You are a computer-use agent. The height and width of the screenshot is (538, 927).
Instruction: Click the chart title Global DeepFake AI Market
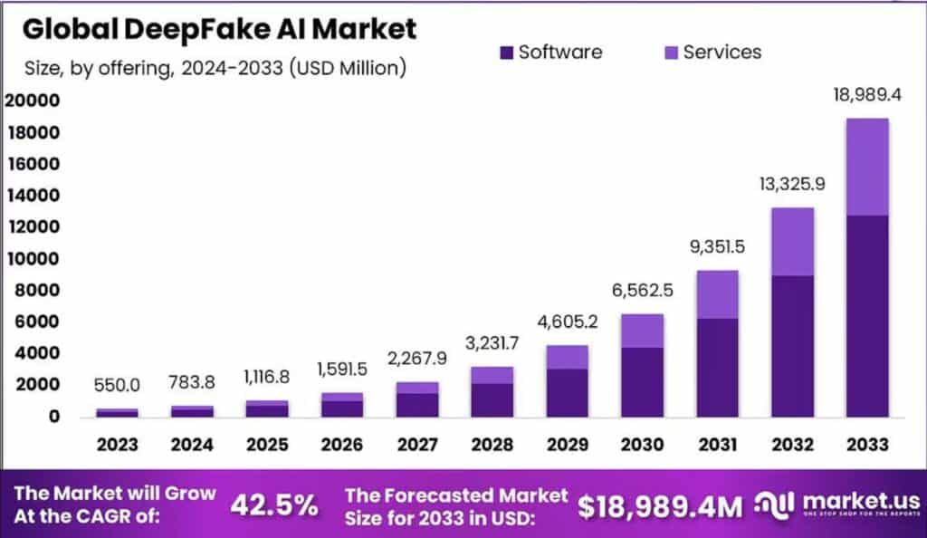coord(219,29)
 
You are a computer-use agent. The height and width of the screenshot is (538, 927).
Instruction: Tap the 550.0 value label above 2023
coord(118,385)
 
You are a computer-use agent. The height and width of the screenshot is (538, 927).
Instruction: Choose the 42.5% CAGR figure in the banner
coord(273,505)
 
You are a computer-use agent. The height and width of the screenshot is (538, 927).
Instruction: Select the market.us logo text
coord(859,501)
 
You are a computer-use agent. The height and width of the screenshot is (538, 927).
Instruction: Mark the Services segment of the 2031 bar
coord(718,294)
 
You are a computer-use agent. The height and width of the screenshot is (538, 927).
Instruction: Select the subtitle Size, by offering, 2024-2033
coord(214,67)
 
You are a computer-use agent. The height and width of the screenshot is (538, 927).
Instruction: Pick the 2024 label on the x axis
coord(192,445)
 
